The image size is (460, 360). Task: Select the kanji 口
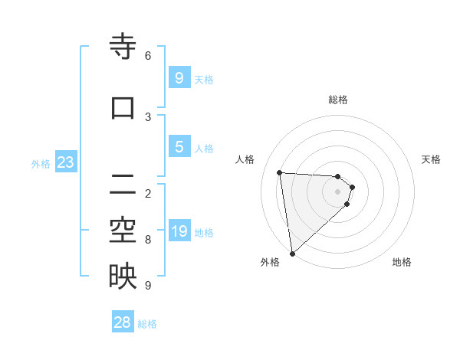(123, 108)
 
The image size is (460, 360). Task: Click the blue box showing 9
(179, 78)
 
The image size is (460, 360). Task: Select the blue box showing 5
(179, 147)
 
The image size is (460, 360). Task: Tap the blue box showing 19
(179, 231)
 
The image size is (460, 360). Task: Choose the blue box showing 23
(65, 162)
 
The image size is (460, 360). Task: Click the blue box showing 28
(123, 322)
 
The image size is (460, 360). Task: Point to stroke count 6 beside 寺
(148, 56)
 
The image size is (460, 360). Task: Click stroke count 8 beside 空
(148, 240)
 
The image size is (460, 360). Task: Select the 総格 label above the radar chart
(338, 100)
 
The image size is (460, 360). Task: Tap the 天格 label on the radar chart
(432, 159)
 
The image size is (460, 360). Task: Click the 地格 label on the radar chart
(402, 262)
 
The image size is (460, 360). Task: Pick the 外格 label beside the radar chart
(270, 262)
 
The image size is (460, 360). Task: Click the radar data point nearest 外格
(292, 253)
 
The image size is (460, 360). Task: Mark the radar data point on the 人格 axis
(280, 172)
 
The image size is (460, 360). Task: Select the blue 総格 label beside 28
(147, 324)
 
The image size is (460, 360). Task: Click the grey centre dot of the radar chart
(338, 191)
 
